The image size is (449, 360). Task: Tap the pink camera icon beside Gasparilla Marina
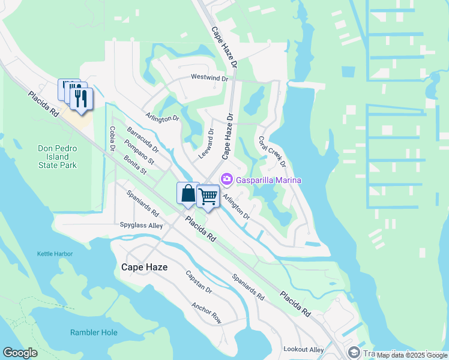[227, 179]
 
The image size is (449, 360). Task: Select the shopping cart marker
[208, 196]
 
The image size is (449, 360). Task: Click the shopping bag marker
[188, 193]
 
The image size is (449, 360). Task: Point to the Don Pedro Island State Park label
[62, 157]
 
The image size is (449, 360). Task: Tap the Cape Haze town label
[144, 267]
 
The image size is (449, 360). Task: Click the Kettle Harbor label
[55, 254]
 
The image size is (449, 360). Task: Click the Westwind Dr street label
[209, 78]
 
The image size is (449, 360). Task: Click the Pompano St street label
[139, 152]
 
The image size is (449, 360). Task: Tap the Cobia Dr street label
[112, 139]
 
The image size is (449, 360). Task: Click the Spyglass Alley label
[141, 226]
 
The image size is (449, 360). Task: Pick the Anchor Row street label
[206, 312]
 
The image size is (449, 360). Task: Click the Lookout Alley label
[304, 349]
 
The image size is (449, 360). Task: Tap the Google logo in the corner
[20, 353]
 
